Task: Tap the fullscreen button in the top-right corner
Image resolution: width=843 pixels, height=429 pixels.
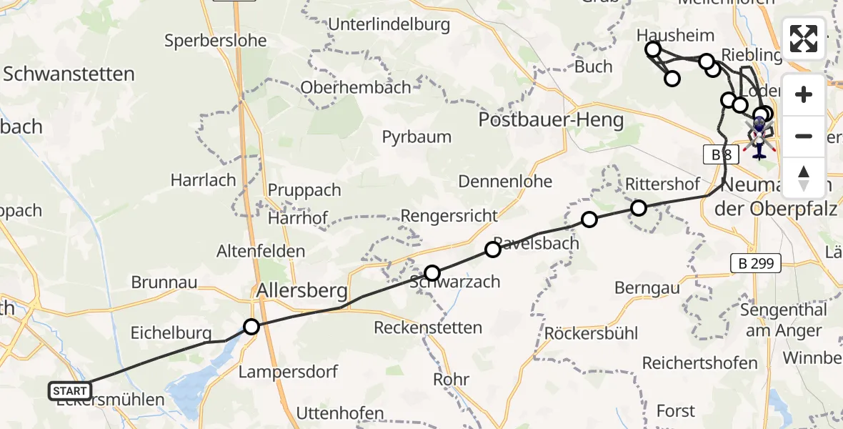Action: [x=804, y=39]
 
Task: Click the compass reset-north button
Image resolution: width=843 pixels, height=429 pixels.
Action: [x=804, y=178]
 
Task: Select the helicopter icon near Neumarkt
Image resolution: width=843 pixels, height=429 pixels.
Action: [x=759, y=136]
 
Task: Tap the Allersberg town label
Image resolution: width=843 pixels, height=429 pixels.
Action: [x=302, y=291]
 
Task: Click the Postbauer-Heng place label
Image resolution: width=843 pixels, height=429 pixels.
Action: [x=552, y=119]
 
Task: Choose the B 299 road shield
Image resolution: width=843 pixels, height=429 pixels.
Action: [x=757, y=264]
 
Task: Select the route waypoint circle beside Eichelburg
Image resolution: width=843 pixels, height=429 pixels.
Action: [x=251, y=327]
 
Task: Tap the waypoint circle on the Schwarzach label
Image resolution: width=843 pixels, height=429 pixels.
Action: [x=432, y=272]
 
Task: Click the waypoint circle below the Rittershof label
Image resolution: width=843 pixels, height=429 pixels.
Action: [x=639, y=207]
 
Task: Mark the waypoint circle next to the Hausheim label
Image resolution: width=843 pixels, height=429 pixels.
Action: [x=653, y=49]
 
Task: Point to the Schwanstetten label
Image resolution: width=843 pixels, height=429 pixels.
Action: [x=69, y=74]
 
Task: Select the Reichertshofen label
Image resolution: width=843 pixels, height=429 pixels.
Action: [x=699, y=363]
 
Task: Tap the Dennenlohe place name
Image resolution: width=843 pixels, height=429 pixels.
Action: [x=505, y=182]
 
